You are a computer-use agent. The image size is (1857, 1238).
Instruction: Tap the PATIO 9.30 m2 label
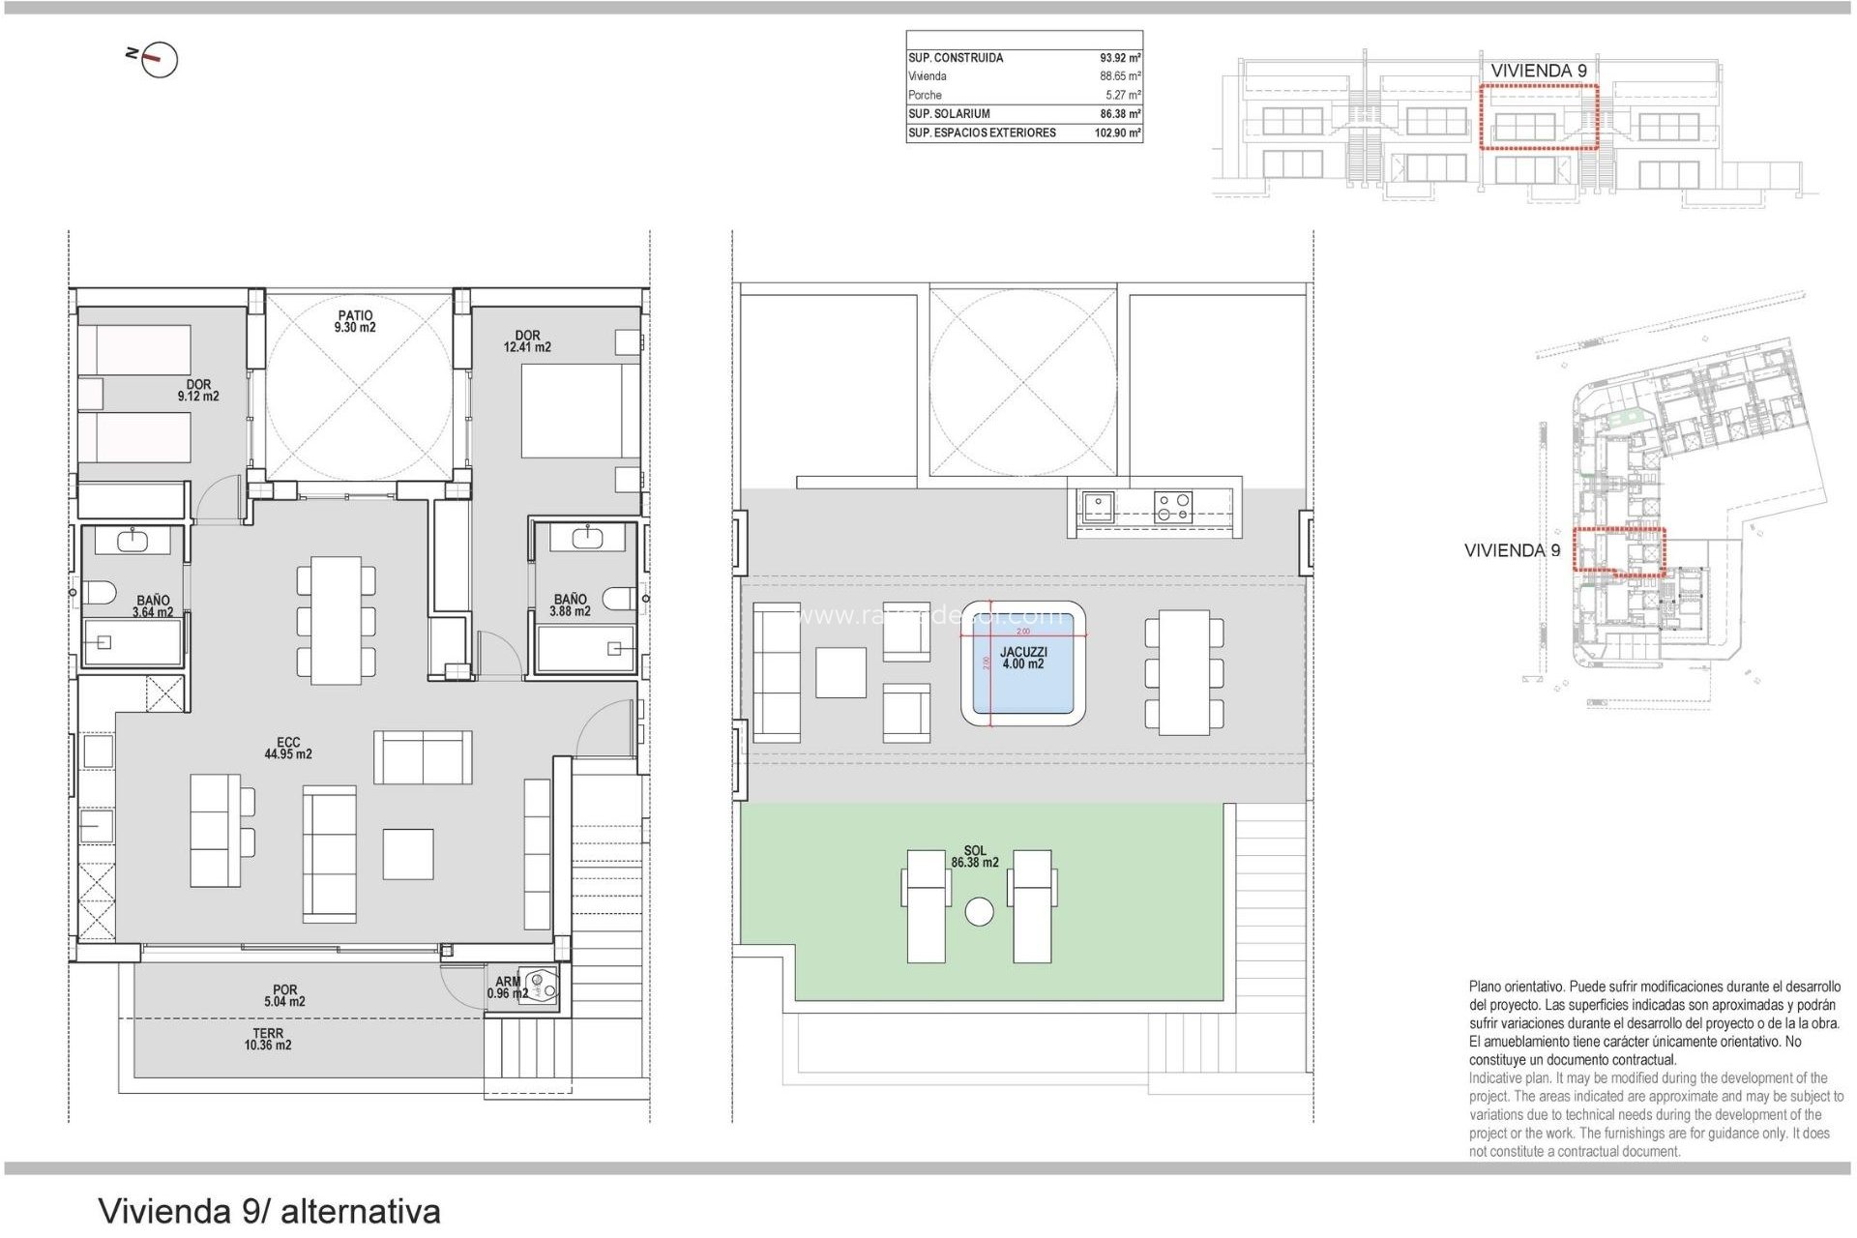point(355,322)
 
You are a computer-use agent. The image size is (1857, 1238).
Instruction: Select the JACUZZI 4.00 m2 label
point(1022,659)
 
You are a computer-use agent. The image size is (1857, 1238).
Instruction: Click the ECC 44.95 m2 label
point(288,749)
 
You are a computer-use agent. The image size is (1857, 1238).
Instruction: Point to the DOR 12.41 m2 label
point(527,341)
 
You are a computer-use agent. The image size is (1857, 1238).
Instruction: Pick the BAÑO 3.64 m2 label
point(153,606)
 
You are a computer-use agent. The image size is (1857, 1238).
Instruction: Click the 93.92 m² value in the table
point(1119,58)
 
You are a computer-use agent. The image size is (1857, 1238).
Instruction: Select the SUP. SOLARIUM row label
point(949,114)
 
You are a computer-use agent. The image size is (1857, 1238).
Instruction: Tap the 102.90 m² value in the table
point(1117,133)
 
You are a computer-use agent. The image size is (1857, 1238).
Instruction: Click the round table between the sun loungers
point(979,912)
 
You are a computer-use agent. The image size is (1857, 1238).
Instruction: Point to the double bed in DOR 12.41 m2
point(578,411)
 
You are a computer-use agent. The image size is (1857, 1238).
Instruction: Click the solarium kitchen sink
point(1098,507)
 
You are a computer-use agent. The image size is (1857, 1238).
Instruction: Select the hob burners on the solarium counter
point(1172,508)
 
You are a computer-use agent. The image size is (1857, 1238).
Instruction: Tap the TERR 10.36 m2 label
point(268,1040)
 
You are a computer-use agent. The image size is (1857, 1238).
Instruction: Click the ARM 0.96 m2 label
point(507,987)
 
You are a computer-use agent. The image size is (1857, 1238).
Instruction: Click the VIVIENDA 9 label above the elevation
point(1538,71)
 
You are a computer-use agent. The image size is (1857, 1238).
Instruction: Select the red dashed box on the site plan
point(1618,551)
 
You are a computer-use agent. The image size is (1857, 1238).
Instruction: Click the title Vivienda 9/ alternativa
point(269,1211)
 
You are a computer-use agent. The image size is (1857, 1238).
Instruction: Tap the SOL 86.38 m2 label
point(974,857)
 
